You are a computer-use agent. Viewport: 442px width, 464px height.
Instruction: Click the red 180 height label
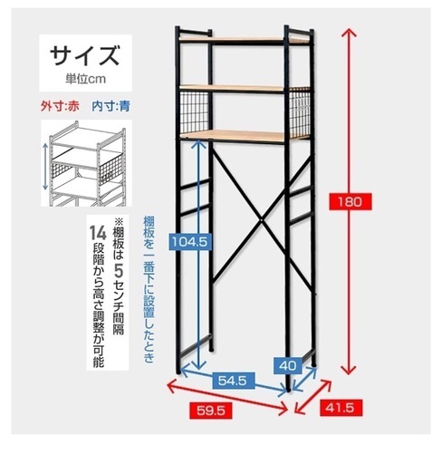pos(351,201)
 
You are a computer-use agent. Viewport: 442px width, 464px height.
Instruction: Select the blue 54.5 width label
pos(233,381)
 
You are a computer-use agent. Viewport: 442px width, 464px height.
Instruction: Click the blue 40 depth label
pos(288,365)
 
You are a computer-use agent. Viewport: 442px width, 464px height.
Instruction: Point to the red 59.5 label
pos(211,411)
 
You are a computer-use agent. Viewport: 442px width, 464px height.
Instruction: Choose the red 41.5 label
pos(341,408)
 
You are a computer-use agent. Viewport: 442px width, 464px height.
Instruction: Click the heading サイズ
pos(85,56)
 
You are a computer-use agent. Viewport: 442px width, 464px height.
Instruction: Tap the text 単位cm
pos(85,79)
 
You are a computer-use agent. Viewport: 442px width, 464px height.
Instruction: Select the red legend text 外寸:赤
pos(60,106)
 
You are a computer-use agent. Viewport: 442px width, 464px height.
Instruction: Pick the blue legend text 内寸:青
pos(110,106)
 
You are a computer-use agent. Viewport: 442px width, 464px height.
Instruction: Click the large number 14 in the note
pos(98,234)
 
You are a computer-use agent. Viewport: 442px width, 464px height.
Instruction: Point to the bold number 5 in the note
pos(119,271)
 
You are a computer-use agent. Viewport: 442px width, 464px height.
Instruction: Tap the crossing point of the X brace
pos(262,219)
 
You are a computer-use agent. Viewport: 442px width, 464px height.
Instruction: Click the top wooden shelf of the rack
pos(245,40)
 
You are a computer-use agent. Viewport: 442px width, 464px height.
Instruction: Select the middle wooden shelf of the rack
pos(245,88)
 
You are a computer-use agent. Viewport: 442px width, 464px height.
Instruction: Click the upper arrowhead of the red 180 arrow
pos(349,32)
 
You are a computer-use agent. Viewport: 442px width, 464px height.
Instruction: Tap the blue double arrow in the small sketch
pos(45,167)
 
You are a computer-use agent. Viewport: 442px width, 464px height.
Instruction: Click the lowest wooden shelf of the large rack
pos(245,136)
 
